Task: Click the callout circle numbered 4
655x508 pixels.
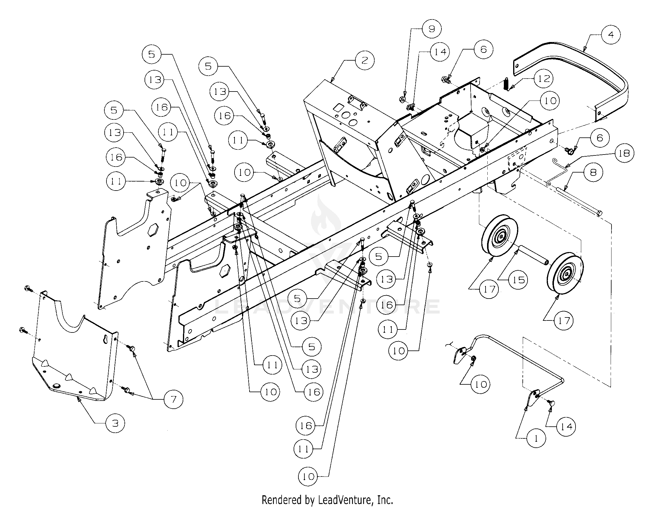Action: click(611, 35)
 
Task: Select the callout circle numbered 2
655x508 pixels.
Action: click(364, 60)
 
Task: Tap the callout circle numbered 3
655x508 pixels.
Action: click(115, 423)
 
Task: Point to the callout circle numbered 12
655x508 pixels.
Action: click(544, 79)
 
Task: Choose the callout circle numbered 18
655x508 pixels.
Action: click(624, 153)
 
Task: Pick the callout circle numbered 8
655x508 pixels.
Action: click(593, 172)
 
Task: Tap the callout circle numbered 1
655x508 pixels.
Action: click(536, 438)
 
